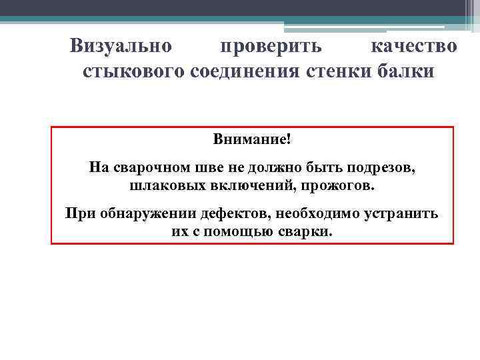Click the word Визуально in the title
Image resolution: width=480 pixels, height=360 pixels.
pos(121,47)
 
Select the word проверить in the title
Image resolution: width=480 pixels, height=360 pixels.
pos(271,47)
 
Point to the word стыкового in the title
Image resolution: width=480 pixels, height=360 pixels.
pos(133,71)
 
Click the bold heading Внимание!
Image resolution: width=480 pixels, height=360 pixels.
pos(252,141)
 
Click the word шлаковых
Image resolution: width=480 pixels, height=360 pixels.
pos(160,183)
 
